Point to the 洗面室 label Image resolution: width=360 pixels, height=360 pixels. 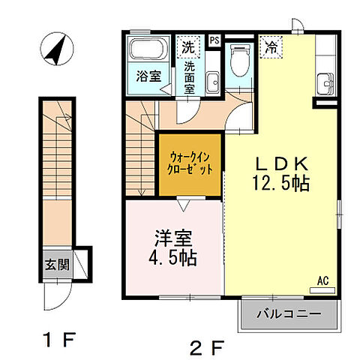(x=190, y=76)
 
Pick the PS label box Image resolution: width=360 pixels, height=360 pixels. (x=214, y=40)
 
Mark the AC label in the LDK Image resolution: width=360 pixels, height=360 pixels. (x=324, y=280)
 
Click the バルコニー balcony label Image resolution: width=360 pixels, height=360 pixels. (x=289, y=313)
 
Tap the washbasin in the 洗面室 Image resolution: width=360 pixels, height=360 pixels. (x=211, y=78)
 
